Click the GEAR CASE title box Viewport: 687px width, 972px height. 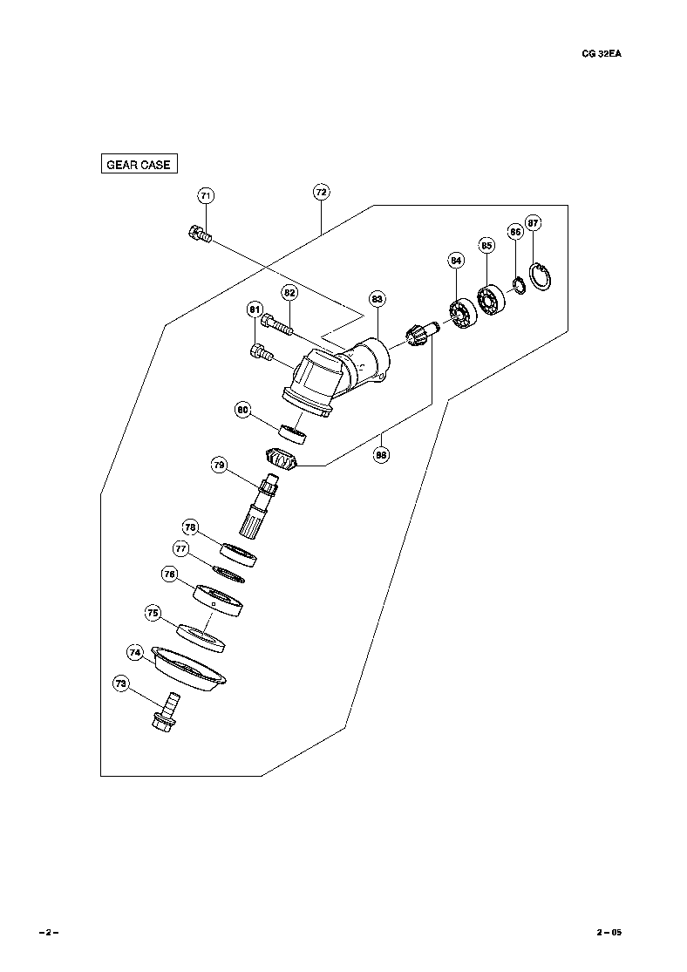coord(138,164)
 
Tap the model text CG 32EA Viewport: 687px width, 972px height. coord(602,53)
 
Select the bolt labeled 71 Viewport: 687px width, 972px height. coord(200,234)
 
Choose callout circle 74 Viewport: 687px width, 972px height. coord(135,652)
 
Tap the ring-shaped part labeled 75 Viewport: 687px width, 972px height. coord(202,636)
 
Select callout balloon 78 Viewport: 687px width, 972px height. coord(190,527)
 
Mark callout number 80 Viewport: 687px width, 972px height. coord(243,409)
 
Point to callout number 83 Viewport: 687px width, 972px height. coord(377,299)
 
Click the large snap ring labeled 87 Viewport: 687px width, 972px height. coord(540,280)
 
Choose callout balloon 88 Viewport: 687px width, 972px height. coord(382,453)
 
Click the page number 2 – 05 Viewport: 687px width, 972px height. coord(609,932)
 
